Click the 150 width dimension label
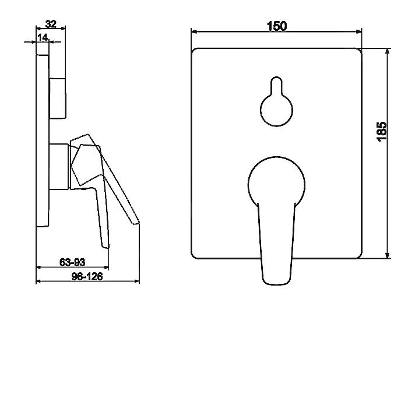(277, 26)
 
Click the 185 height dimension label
(382, 131)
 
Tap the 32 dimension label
(51, 24)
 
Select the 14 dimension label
(43, 38)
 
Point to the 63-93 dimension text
(72, 262)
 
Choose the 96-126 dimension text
(87, 276)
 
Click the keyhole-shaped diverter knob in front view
(276, 101)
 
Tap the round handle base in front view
(276, 180)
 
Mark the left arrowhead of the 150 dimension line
(194, 31)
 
